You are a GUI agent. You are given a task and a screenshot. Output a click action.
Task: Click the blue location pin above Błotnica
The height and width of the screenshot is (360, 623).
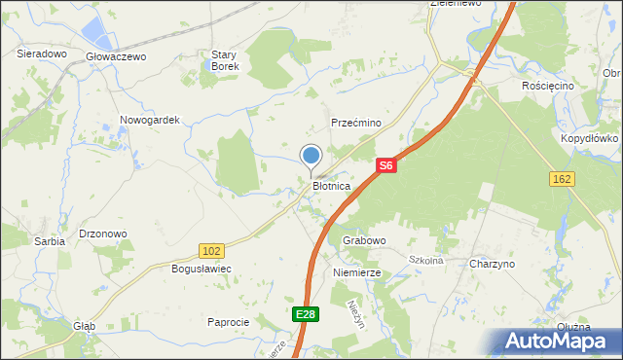311,157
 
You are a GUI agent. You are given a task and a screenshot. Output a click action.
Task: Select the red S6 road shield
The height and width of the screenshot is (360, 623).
386,166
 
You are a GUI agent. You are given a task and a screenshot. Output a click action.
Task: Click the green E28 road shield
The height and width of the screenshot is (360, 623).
306,313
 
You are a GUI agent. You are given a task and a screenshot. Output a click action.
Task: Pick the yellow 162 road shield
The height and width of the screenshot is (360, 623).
561,178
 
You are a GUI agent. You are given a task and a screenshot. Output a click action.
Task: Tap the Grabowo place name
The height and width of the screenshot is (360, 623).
364,240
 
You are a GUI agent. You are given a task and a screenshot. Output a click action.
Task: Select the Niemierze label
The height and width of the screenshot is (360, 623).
356,274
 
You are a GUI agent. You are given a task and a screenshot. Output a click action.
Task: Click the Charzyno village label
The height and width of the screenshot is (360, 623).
492,265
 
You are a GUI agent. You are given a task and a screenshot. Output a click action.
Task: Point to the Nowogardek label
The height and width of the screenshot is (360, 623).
150,120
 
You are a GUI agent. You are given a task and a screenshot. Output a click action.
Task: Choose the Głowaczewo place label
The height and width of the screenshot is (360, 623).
115,57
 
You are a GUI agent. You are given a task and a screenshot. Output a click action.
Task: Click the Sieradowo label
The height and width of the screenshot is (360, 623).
41,54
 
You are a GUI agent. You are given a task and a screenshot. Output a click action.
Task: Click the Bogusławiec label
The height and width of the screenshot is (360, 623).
200,268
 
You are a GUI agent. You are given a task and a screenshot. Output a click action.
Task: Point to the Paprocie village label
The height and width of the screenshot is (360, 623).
229,322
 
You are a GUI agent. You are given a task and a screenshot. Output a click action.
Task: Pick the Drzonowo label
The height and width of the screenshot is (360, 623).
103,234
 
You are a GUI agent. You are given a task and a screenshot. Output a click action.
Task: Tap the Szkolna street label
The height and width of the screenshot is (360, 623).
426,261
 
